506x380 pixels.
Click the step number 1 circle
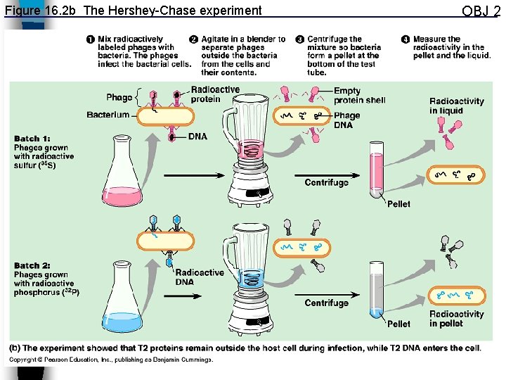click(91, 39)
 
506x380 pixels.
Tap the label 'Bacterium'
click(108, 115)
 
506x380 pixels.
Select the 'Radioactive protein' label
click(215, 94)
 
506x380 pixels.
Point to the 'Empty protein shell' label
click(359, 96)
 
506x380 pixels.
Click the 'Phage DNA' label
click(346, 120)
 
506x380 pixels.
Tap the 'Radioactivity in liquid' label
click(456, 106)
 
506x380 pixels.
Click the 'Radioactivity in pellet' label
click(456, 319)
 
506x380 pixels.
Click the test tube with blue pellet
click(377, 292)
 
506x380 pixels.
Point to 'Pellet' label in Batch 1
click(398, 204)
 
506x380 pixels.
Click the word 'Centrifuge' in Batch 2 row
click(326, 303)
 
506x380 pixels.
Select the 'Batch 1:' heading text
click(32, 139)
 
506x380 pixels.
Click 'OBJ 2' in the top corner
click(481, 11)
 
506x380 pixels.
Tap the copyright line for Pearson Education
click(110, 360)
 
